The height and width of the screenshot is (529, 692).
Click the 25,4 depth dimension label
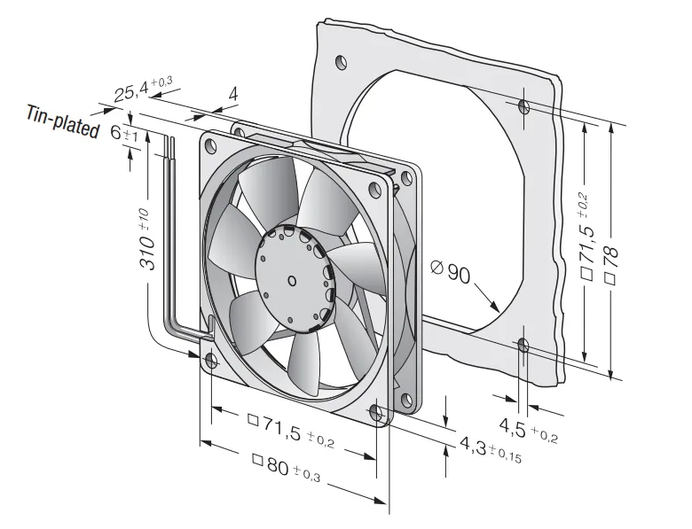[143, 89]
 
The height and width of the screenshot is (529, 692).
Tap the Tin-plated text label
[63, 121]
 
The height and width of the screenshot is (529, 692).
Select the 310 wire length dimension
[147, 238]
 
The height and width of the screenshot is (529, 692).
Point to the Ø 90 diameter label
[451, 272]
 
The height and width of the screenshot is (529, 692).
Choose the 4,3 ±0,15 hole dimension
[491, 449]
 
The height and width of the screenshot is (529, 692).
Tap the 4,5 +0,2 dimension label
[529, 430]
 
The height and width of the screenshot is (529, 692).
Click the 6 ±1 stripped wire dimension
[124, 133]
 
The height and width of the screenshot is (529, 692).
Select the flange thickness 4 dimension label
[233, 94]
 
